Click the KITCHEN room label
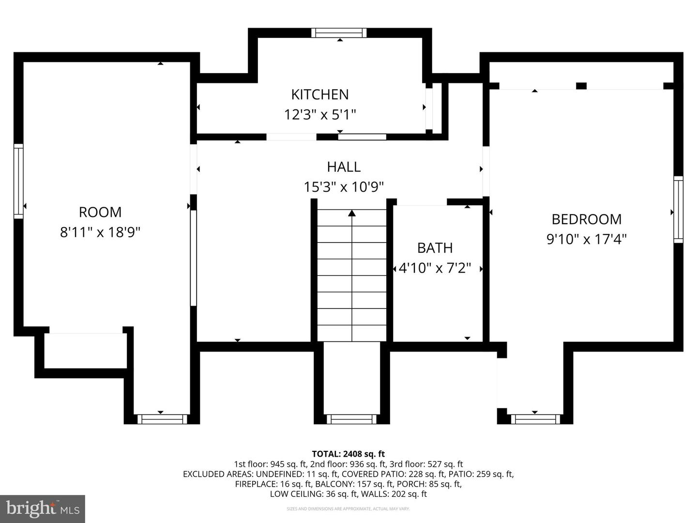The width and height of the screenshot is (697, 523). (319, 94)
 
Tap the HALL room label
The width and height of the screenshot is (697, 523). (344, 167)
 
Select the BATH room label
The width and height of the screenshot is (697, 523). (435, 248)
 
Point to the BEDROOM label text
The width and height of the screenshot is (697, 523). (586, 219)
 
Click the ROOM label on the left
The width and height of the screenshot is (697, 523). (100, 212)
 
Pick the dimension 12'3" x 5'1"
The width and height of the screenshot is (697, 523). (319, 115)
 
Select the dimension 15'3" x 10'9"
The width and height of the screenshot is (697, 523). (344, 187)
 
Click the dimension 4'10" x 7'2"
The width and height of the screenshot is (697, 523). (435, 268)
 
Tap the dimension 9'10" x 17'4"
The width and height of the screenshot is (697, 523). (586, 239)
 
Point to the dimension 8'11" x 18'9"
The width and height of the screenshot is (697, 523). (100, 232)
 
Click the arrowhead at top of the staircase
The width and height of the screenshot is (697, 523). (352, 213)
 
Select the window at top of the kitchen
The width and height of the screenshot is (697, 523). (338, 33)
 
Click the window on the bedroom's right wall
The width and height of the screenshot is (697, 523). (678, 209)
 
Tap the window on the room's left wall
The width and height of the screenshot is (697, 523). (18, 181)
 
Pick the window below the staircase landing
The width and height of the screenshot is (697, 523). (351, 419)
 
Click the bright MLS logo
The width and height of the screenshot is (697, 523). (43, 508)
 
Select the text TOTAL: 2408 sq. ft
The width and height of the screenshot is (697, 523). (348, 454)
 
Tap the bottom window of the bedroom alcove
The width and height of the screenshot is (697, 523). (535, 419)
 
